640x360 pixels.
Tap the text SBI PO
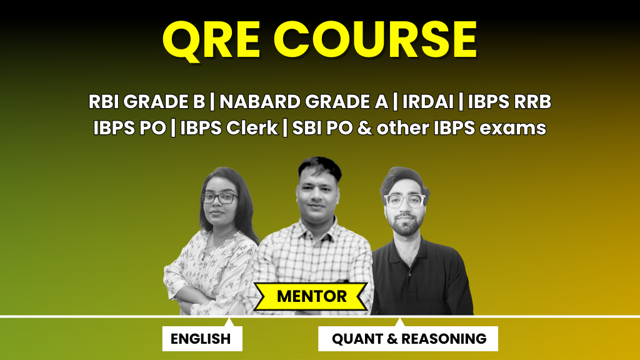[314, 128]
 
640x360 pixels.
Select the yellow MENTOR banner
[311, 296]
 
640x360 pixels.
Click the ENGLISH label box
[201, 339]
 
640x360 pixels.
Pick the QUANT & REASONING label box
[408, 339]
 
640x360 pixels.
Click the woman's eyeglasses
[219, 198]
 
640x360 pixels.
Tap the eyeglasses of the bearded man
[405, 201]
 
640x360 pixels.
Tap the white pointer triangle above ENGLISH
[229, 321]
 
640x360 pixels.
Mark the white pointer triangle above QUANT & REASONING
[399, 321]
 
